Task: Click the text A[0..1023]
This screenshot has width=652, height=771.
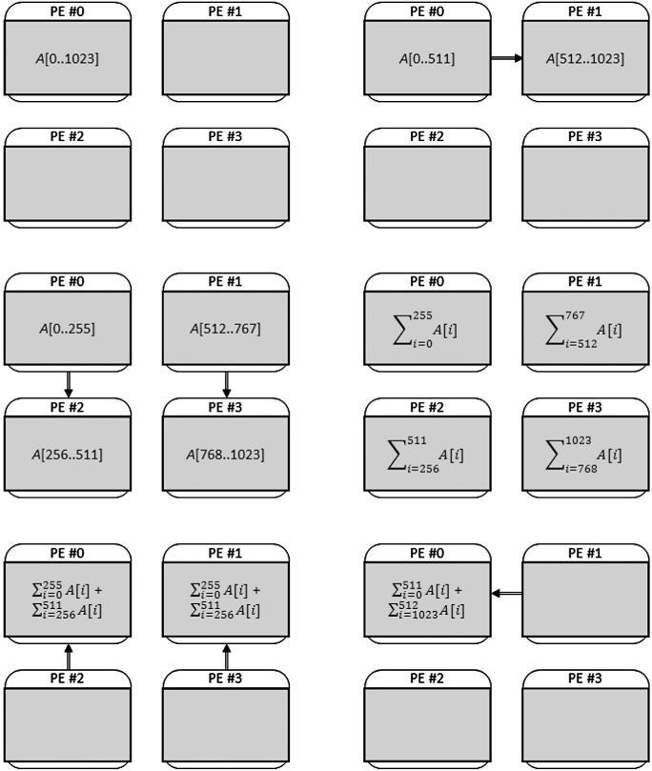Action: (x=68, y=58)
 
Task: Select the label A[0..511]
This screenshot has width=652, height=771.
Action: (x=427, y=58)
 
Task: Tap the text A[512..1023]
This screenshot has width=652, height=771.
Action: (x=585, y=58)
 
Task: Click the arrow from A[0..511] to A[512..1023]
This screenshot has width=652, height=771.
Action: (x=506, y=58)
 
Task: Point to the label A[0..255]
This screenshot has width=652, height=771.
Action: (x=68, y=329)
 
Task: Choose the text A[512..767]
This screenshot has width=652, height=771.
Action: (x=226, y=329)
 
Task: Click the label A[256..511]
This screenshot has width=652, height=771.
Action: (x=68, y=454)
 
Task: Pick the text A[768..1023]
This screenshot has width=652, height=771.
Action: (x=226, y=454)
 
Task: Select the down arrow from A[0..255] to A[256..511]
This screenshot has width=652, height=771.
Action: (x=68, y=384)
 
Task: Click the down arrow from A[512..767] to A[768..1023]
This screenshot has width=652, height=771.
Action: (x=226, y=384)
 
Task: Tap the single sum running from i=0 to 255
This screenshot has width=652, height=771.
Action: (x=427, y=329)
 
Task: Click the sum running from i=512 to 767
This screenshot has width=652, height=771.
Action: (x=585, y=329)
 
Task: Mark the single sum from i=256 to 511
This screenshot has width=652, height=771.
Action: (x=427, y=454)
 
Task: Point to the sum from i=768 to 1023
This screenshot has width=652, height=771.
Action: (x=585, y=454)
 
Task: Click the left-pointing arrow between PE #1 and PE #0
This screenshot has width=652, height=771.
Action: (x=507, y=593)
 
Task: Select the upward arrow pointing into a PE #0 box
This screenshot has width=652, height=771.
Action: (x=68, y=656)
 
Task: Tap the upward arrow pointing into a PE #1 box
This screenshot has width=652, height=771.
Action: (x=226, y=656)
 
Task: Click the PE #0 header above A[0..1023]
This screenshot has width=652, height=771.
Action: (x=68, y=11)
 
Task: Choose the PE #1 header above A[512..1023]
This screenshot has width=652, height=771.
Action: (x=585, y=11)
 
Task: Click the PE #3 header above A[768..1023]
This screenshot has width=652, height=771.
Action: (x=226, y=407)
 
